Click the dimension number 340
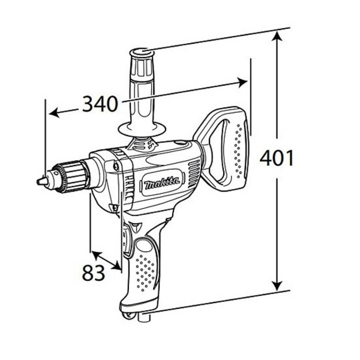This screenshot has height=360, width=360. (x=99, y=103)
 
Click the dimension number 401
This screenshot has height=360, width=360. (x=277, y=158)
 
